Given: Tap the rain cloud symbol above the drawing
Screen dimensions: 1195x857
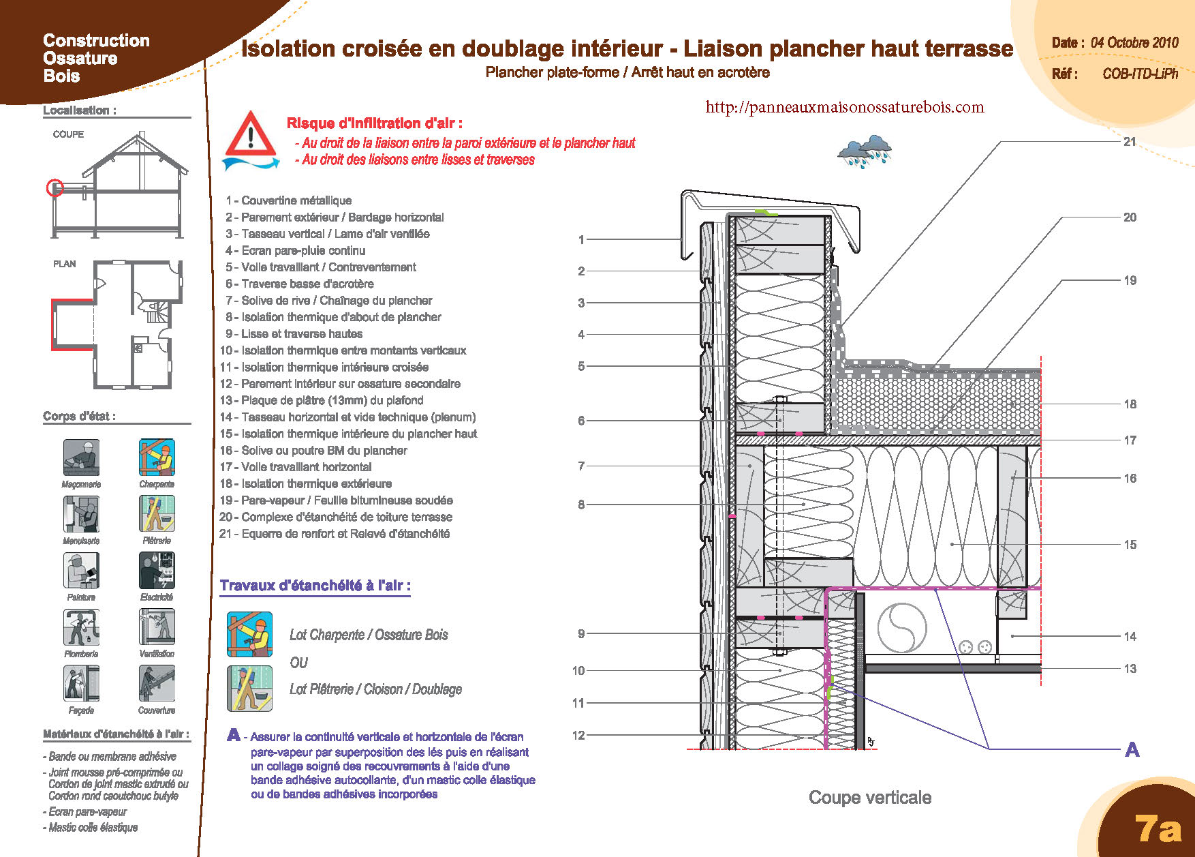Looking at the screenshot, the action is pyautogui.click(x=865, y=151).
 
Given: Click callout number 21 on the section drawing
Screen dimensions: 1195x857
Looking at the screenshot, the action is pyautogui.click(x=1130, y=142).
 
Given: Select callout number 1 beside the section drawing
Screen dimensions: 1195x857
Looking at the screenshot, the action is pyautogui.click(x=581, y=240).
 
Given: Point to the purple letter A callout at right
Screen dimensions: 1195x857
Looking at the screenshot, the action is pyautogui.click(x=1132, y=750).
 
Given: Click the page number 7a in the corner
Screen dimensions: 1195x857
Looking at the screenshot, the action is pyautogui.click(x=1158, y=828).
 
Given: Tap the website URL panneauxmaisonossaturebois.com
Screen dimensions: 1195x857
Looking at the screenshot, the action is pyautogui.click(x=845, y=107).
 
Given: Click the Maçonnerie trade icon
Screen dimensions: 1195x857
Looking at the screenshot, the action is pyautogui.click(x=81, y=457).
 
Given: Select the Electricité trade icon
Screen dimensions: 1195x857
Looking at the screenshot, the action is pyautogui.click(x=157, y=570).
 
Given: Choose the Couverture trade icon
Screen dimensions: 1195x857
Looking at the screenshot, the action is pyautogui.click(x=157, y=683).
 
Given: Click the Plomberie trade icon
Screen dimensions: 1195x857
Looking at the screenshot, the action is pyautogui.click(x=81, y=627).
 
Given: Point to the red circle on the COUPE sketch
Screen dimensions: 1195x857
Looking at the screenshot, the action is pyautogui.click(x=55, y=187).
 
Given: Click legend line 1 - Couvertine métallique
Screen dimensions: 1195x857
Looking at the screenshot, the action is pyautogui.click(x=289, y=200).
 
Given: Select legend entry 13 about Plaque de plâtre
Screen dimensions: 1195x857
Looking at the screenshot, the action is pyautogui.click(x=322, y=401).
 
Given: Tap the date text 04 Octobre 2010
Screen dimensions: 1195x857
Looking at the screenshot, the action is pyautogui.click(x=1134, y=42).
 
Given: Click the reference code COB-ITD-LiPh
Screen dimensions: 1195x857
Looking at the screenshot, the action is pyautogui.click(x=1140, y=74).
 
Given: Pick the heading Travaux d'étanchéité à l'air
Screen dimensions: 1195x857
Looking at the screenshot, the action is pyautogui.click(x=315, y=586).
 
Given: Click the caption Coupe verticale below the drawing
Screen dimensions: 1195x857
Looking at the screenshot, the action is pyautogui.click(x=870, y=798).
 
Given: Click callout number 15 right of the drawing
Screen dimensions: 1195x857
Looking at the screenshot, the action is pyautogui.click(x=1130, y=545).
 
